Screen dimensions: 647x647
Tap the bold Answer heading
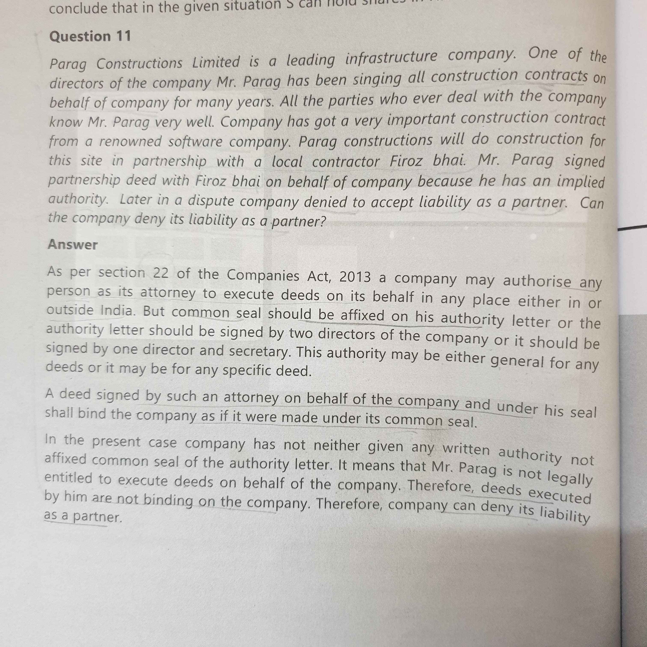coord(73,245)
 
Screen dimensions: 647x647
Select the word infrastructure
coord(391,58)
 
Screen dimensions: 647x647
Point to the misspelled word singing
coord(377,79)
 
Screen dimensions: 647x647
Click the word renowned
coord(130,141)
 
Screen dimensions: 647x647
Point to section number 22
coord(161,273)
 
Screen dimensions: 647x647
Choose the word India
coord(117,310)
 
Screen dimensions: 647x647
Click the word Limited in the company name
coord(216,62)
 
